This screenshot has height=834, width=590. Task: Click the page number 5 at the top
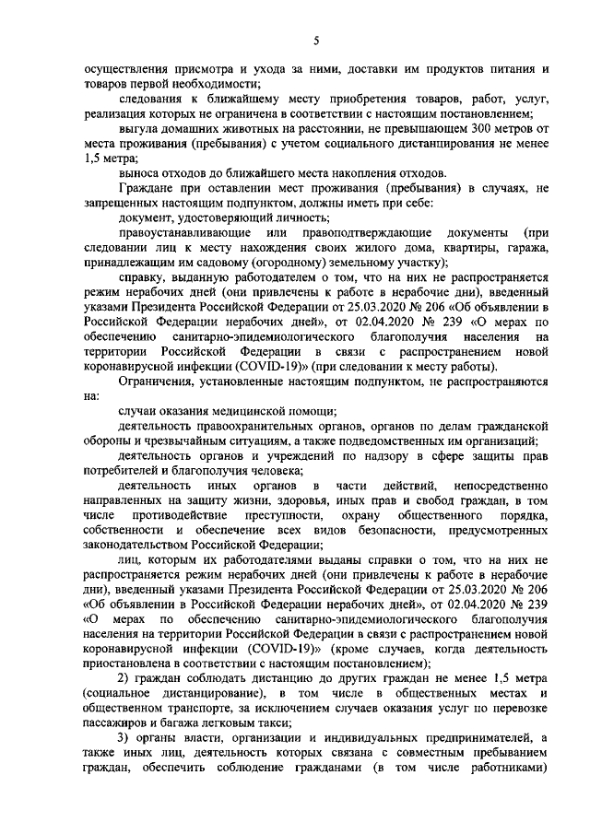click(315, 40)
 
